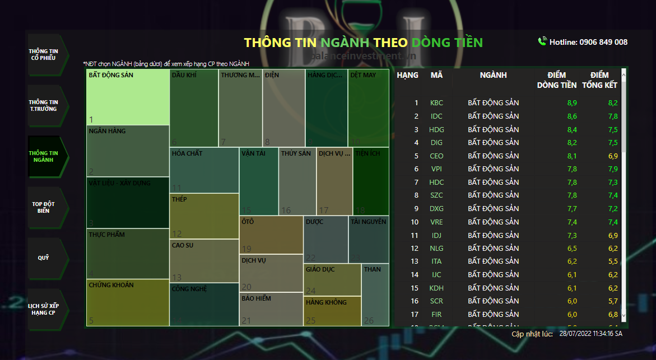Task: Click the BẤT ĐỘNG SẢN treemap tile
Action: (128, 97)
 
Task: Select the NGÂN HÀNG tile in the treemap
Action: (128, 151)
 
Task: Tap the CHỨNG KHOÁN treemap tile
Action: (128, 302)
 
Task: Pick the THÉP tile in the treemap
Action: (204, 216)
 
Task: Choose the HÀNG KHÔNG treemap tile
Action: (332, 311)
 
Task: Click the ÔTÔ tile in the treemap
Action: (271, 235)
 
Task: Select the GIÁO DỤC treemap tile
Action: (332, 279)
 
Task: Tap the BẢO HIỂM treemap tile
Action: (271, 308)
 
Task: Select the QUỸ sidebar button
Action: (44, 258)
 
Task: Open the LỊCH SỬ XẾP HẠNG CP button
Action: (44, 309)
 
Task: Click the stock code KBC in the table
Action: (436, 103)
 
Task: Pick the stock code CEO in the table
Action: (436, 156)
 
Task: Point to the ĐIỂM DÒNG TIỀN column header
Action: (557, 80)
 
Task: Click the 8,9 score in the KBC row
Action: (572, 103)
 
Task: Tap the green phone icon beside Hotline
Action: (542, 41)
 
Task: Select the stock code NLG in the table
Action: (436, 248)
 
